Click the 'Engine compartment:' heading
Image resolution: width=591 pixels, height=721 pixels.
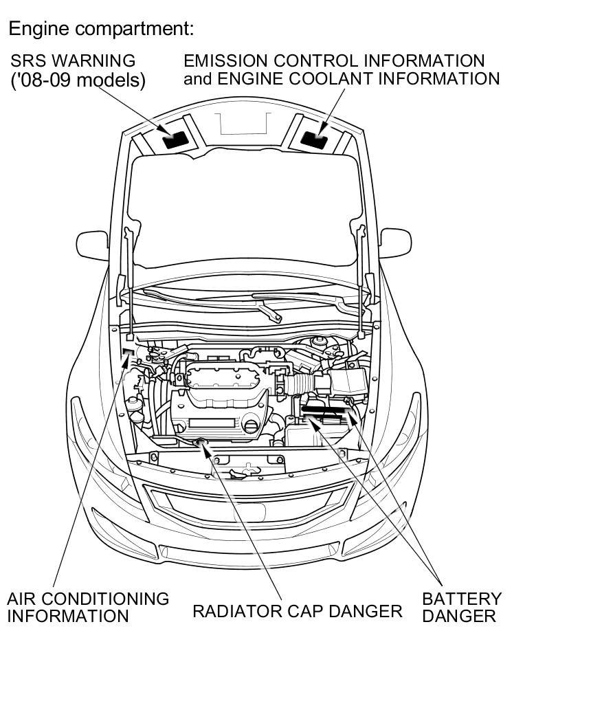102,29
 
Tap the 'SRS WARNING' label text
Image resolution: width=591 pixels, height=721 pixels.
73,60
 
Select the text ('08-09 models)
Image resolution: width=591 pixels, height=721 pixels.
78,80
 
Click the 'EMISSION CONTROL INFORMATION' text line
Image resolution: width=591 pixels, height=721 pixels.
334,60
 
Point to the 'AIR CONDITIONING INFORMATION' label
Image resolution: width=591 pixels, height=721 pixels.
87,607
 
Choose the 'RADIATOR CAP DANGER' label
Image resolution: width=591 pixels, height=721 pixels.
297,611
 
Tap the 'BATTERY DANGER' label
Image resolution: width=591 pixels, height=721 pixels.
461,607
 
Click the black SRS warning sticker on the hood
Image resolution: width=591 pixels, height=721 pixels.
174,140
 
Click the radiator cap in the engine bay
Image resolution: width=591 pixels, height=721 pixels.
202,442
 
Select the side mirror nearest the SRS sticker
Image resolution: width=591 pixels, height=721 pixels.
92,245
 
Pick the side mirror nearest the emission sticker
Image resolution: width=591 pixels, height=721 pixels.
395,243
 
